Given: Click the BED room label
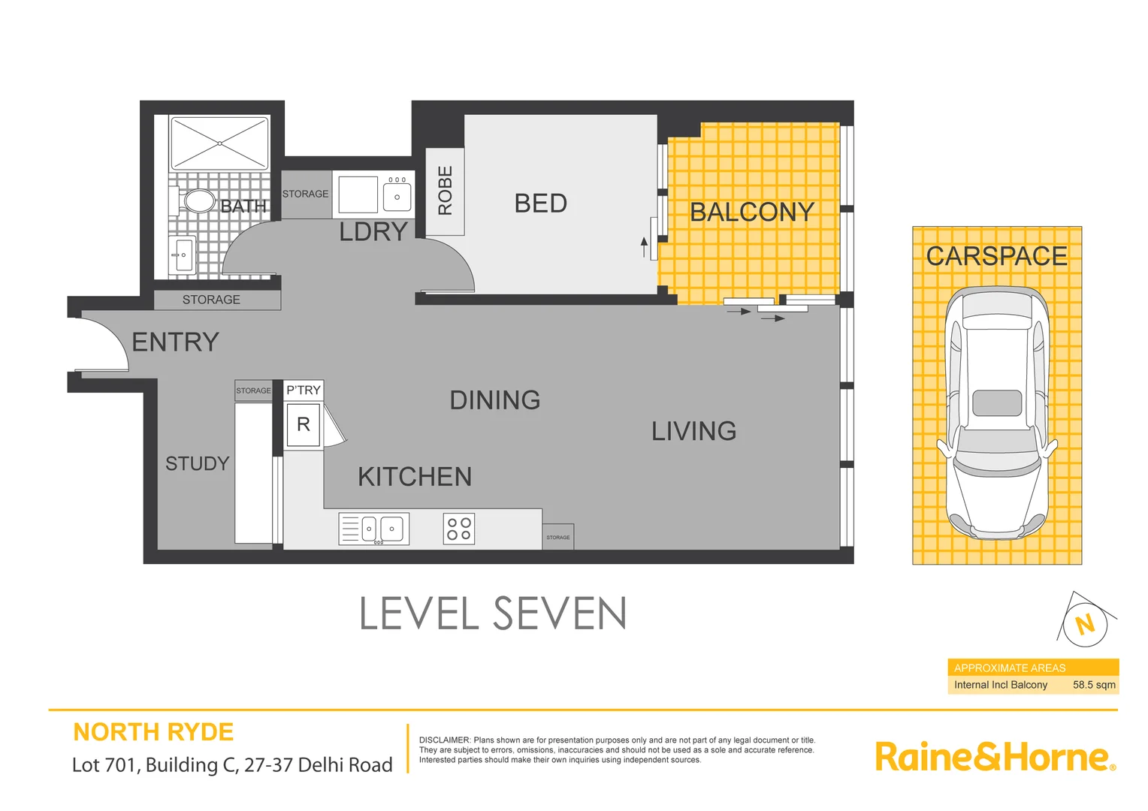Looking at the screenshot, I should (540, 204).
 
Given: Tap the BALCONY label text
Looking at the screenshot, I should (751, 213).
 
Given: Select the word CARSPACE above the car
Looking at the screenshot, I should (996, 256).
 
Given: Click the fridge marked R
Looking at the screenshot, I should (304, 425).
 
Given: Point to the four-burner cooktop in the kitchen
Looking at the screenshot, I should (458, 529).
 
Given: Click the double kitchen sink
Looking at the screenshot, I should (374, 529).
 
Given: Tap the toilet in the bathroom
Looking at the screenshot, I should (196, 201).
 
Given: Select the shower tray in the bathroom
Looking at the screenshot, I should (219, 143).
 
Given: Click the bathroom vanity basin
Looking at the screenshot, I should (182, 255).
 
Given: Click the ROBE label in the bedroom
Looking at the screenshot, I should (445, 191).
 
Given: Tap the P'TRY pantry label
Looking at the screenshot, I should (304, 390).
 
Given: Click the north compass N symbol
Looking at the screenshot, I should (1085, 624).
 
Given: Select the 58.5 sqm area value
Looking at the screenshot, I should (1093, 685).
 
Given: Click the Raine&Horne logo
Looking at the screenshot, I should (994, 757).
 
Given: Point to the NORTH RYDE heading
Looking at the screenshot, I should (153, 732).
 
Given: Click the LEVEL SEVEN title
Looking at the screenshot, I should (493, 614).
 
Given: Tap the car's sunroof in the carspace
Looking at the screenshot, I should (997, 403).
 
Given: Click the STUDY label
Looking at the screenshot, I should (197, 464).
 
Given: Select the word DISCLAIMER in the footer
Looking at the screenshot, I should (444, 740).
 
